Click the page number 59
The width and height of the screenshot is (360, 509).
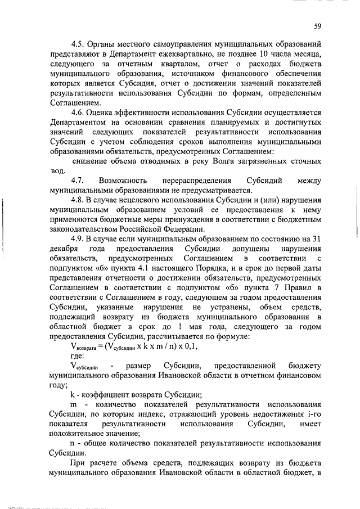click(x=317, y=26)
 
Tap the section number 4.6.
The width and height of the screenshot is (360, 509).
click(x=76, y=113)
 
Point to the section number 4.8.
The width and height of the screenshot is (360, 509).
click(x=76, y=201)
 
